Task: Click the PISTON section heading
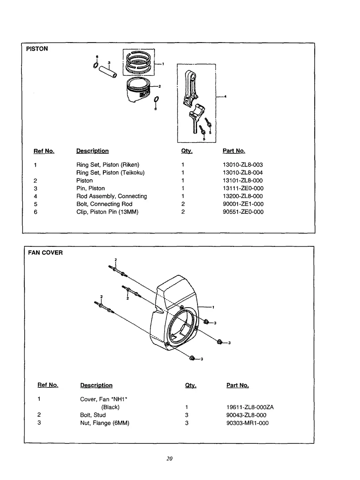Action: [x=37, y=49]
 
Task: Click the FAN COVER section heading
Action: [x=45, y=253]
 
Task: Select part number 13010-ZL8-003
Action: [x=243, y=165]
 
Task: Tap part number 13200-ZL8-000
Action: [x=243, y=196]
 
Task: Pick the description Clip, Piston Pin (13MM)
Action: [x=107, y=212]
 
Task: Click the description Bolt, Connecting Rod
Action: [x=104, y=204]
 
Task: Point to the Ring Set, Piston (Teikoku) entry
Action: [x=110, y=172]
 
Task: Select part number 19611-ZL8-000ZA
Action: [x=250, y=407]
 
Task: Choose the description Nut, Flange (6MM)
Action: [x=105, y=423]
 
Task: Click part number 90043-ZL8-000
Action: [x=246, y=415]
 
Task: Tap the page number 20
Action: [x=170, y=459]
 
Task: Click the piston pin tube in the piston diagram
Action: [x=108, y=71]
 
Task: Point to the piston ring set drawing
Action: [x=138, y=62]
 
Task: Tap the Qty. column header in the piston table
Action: [x=187, y=151]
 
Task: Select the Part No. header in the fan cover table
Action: [x=238, y=385]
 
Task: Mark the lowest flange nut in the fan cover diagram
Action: [x=192, y=358]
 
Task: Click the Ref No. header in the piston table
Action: [x=44, y=151]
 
